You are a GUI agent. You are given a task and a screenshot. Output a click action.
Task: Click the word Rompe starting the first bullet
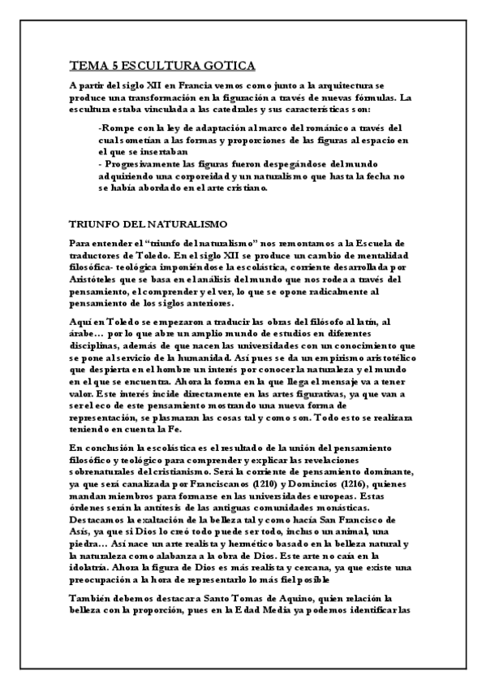tap(116, 128)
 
